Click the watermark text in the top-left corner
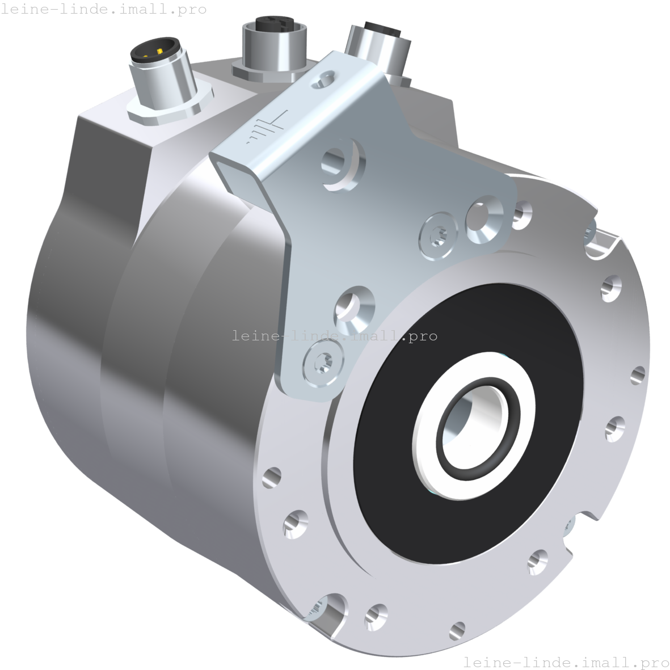click(x=104, y=9)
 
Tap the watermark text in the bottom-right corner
click(x=566, y=662)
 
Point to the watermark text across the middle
click(x=335, y=336)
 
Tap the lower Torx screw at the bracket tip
click(x=322, y=361)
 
